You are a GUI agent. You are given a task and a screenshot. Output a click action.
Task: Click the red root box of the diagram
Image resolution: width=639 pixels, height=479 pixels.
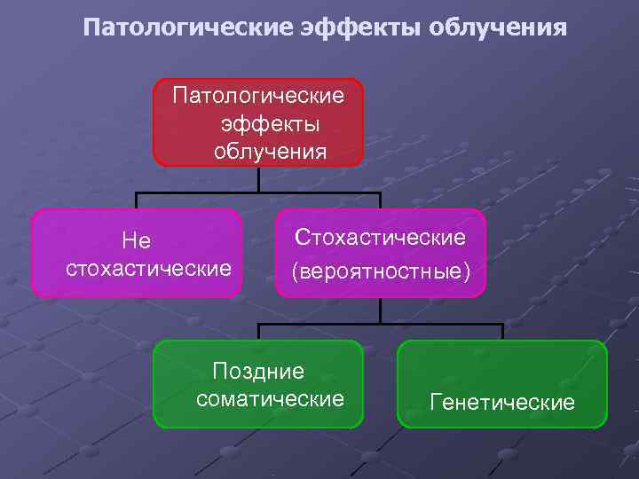[258, 122]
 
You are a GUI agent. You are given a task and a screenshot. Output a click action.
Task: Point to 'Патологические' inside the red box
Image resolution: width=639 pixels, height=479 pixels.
[258, 94]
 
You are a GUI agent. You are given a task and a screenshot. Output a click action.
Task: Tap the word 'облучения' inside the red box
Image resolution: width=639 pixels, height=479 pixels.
[270, 151]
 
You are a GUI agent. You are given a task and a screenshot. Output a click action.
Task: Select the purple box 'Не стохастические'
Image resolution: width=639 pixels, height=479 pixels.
[137, 253]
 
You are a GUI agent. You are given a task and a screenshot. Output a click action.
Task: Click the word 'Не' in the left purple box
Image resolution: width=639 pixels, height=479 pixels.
[137, 240]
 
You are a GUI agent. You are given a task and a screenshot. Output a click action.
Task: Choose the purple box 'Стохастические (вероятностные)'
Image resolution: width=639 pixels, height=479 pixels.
[381, 253]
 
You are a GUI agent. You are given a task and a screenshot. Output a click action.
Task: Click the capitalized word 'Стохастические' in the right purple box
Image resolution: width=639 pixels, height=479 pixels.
[381, 237]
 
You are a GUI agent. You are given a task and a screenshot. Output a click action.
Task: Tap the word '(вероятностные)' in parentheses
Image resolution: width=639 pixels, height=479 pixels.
[381, 270]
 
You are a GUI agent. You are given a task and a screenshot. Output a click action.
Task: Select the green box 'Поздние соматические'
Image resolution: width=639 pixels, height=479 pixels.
[258, 384]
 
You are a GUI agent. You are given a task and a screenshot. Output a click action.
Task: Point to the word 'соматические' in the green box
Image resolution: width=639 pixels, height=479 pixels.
[270, 399]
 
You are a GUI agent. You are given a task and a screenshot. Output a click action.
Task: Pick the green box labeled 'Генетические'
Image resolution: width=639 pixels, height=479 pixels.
[502, 384]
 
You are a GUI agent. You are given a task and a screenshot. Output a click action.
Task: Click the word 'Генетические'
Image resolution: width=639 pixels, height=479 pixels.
[502, 403]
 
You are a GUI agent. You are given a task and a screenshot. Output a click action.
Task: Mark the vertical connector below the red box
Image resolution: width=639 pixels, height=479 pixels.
[258, 179]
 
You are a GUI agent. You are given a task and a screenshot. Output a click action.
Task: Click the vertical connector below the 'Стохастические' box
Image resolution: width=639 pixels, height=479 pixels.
[381, 310]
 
